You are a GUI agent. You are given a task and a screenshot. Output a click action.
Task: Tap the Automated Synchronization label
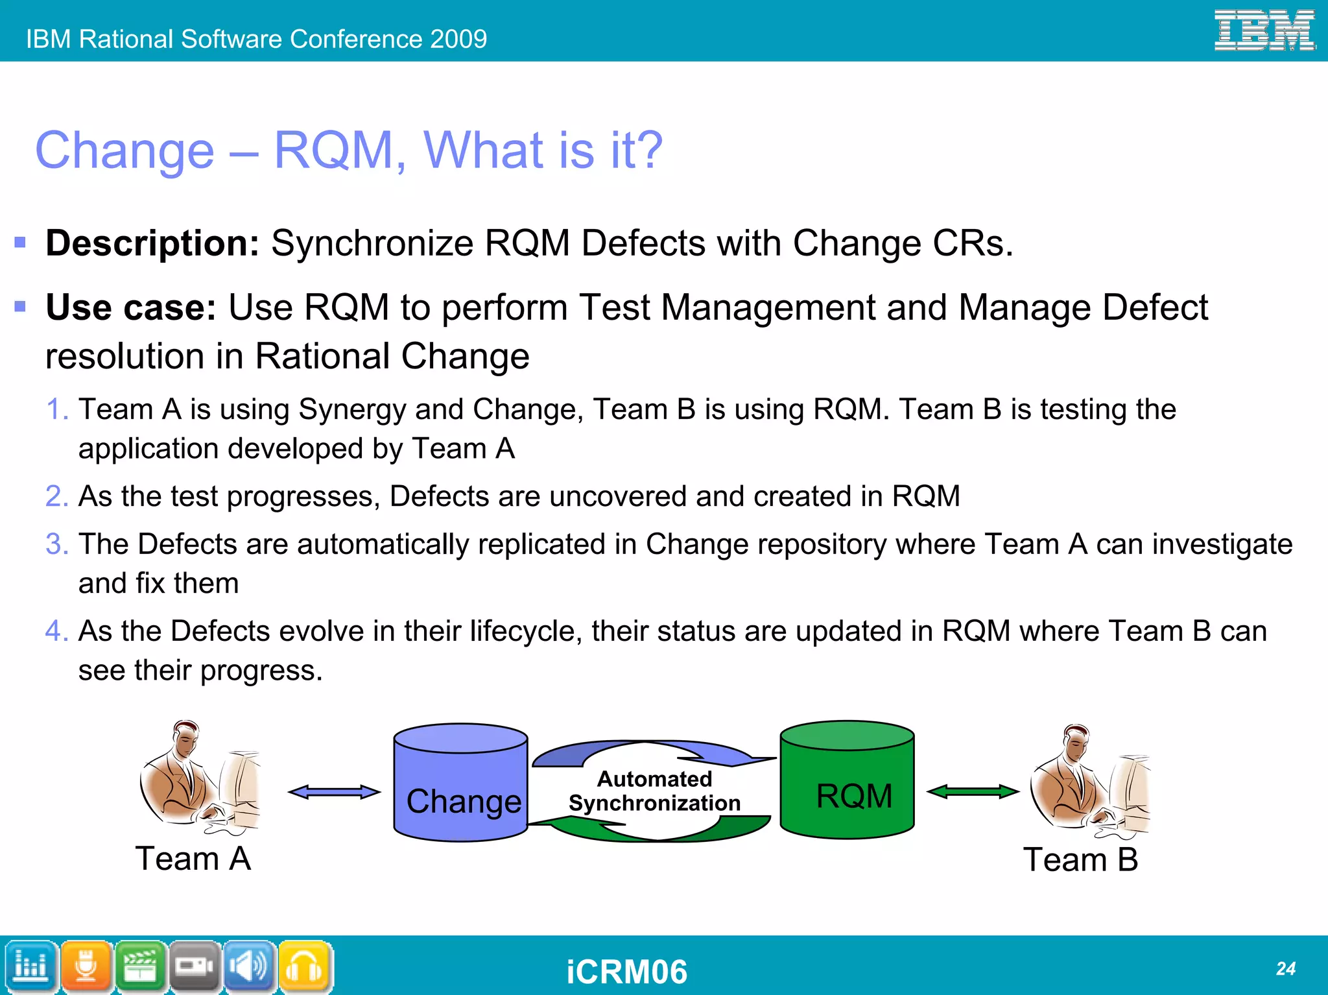point(654,791)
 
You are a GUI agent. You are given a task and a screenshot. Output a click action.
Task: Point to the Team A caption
point(193,858)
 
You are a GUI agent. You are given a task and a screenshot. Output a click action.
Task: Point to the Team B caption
point(1080,859)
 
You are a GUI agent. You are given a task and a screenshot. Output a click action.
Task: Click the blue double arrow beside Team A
point(334,791)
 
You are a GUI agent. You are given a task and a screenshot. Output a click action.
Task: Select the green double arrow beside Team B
point(973,791)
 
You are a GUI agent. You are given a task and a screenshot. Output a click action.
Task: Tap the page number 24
point(1285,968)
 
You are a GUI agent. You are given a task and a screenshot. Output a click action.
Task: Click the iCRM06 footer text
point(626,972)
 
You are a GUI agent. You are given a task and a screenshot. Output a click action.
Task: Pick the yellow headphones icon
point(305,966)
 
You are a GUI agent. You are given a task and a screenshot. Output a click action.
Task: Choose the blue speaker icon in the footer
point(250,966)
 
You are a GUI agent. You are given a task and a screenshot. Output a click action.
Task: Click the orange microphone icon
point(86,966)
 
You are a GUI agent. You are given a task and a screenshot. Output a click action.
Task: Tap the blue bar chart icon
point(31,966)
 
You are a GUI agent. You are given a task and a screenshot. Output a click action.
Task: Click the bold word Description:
point(152,243)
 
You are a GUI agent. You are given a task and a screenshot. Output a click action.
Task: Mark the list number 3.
point(56,544)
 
